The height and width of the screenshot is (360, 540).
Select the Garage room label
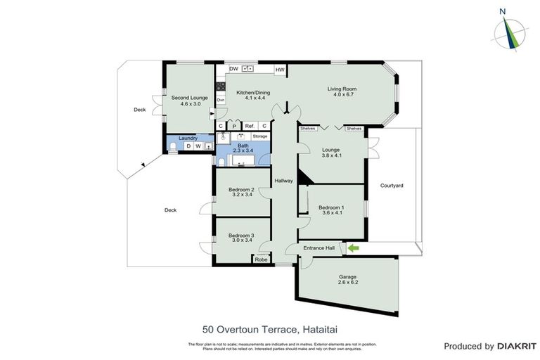[x=348, y=276]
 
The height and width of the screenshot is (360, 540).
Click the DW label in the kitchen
[x=233, y=69]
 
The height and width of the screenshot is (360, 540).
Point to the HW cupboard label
[x=279, y=70]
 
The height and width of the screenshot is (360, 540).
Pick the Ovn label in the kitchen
[x=221, y=100]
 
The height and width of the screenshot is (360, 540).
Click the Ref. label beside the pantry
[x=250, y=126]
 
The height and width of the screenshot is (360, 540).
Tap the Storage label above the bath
[x=260, y=136]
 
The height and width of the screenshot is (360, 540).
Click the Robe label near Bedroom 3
[x=262, y=260]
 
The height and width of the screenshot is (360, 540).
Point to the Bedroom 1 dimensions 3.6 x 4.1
[x=331, y=213]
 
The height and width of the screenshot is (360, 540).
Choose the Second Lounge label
[x=190, y=97]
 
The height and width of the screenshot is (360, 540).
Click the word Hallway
[x=283, y=181]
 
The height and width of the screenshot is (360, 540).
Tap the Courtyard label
[x=392, y=186]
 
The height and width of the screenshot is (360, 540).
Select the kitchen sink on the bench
[x=247, y=69]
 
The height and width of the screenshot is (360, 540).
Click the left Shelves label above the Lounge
[x=307, y=129]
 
